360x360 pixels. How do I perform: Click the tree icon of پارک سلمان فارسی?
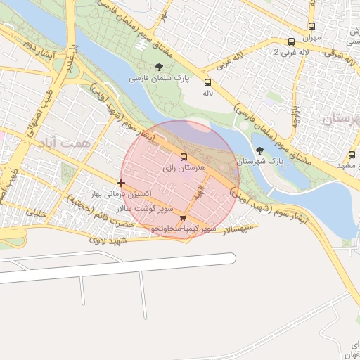click(x=160, y=67)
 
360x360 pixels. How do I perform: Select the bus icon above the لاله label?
click(x=207, y=82)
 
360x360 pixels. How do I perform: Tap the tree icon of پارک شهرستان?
click(x=260, y=150)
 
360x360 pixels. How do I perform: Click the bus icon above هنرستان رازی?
click(x=184, y=157)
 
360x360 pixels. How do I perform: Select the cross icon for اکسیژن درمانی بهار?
click(x=122, y=183)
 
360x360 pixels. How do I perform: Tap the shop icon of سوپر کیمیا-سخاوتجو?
click(x=184, y=218)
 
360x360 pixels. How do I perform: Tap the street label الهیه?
click(x=201, y=189)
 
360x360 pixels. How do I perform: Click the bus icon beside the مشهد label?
click(x=352, y=155)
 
